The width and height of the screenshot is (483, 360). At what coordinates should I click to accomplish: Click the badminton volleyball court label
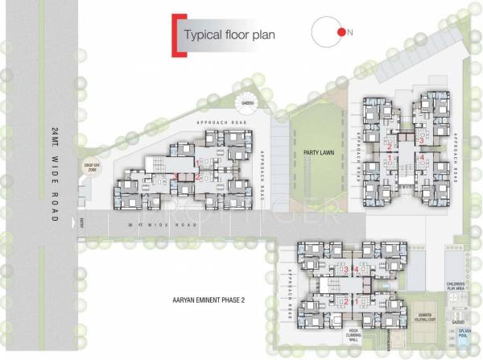tap(425, 317)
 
